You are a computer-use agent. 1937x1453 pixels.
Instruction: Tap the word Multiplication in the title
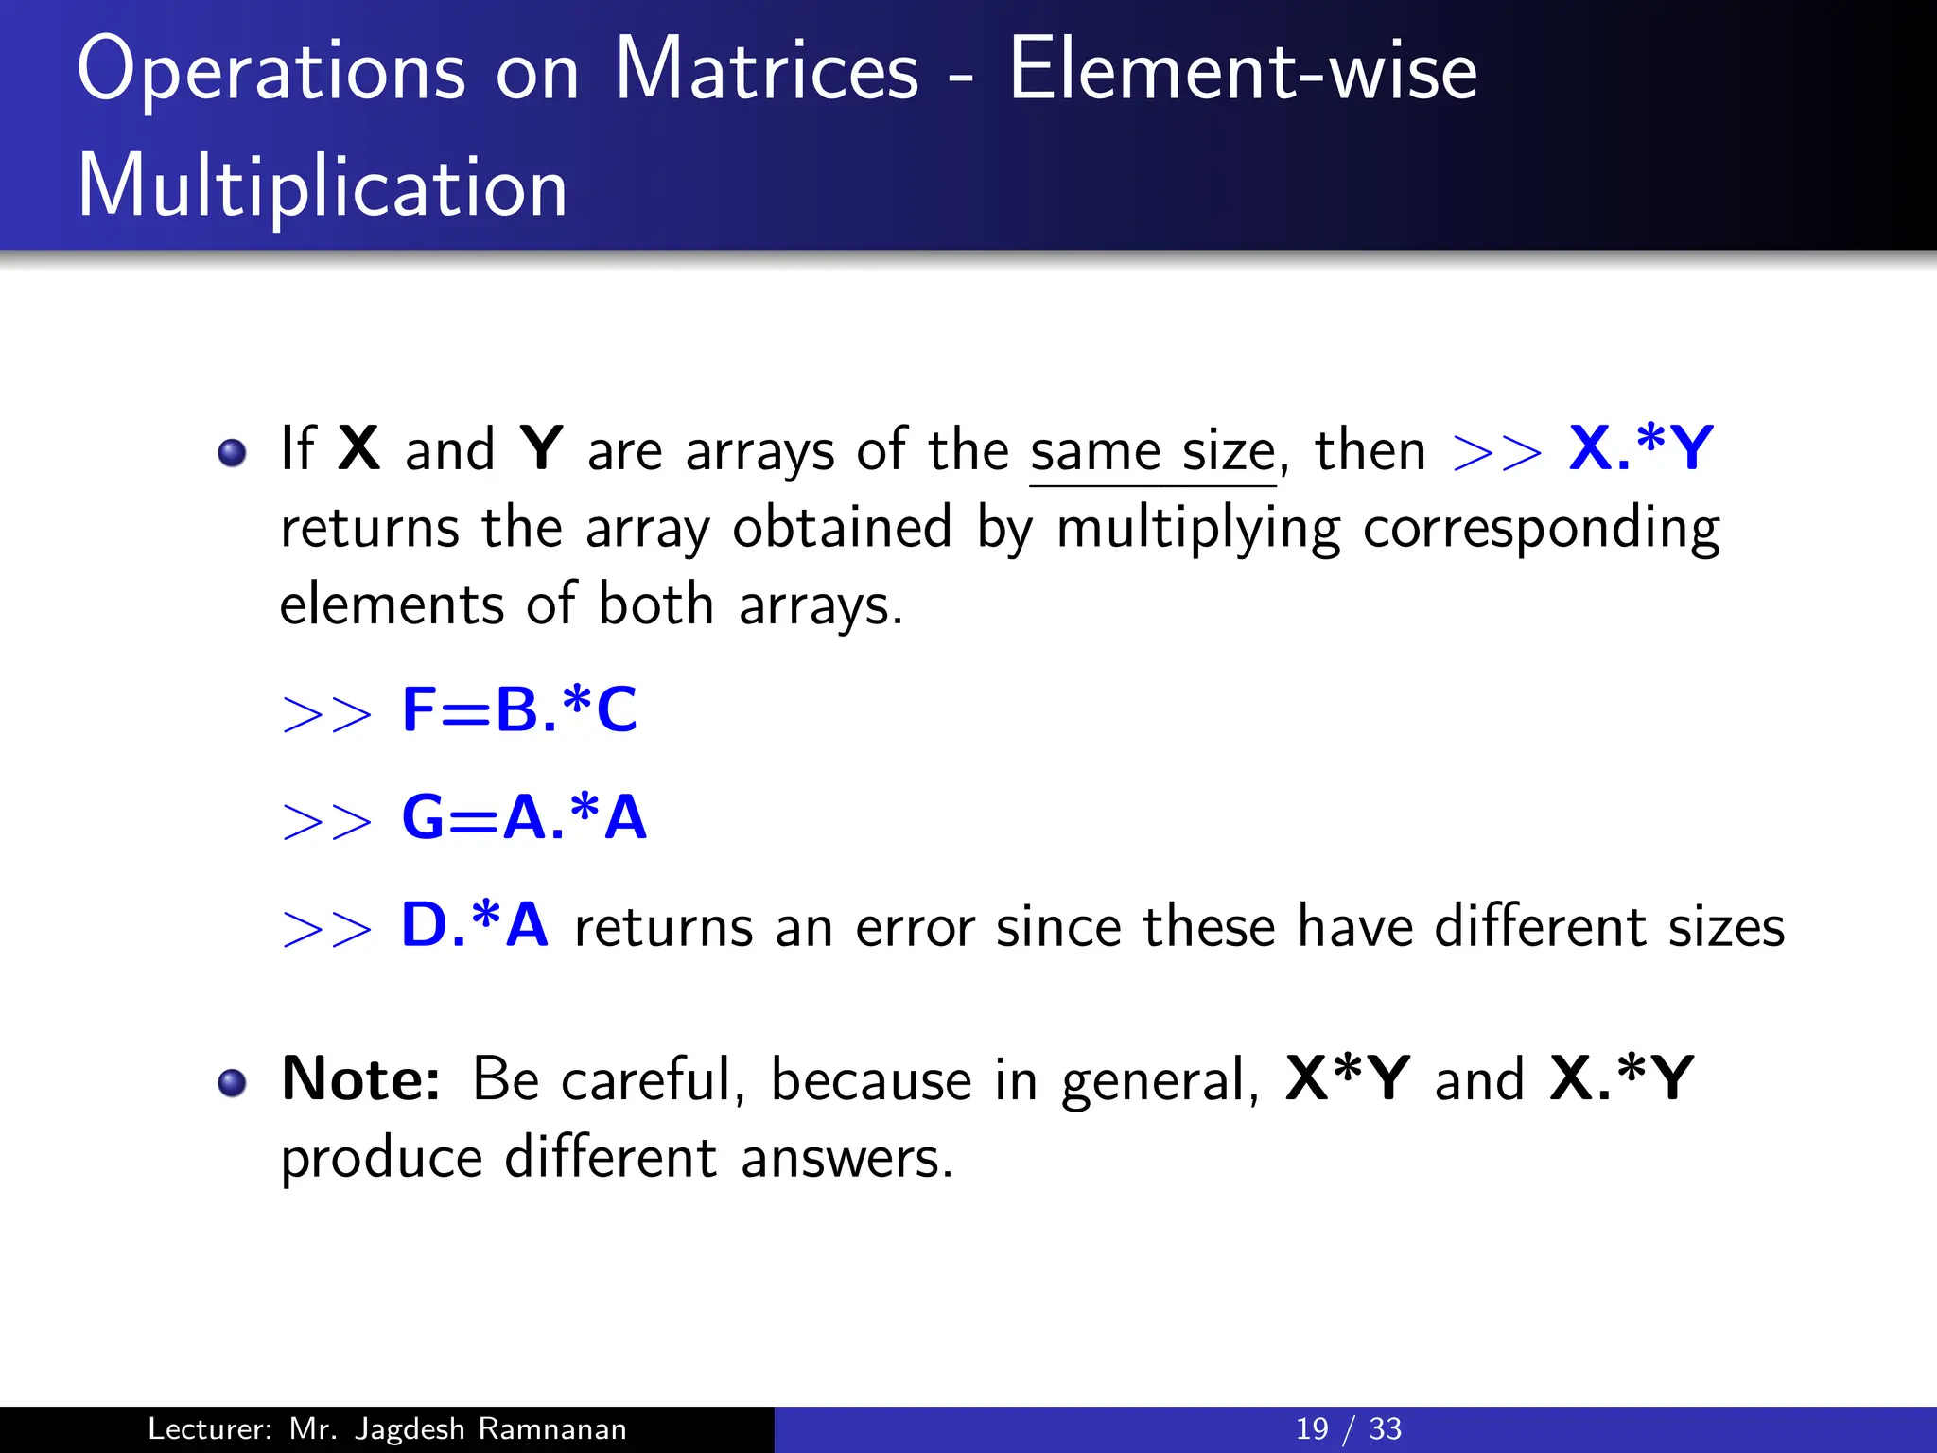point(322,187)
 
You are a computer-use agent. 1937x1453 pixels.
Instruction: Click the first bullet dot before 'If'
point(232,453)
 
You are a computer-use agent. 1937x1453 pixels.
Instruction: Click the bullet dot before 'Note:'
point(232,1082)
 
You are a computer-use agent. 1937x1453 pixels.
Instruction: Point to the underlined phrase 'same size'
point(1152,452)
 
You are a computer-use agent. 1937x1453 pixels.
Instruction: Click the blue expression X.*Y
point(1640,448)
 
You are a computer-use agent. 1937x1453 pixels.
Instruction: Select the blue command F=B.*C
point(519,710)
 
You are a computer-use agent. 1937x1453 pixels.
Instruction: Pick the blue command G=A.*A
point(524,817)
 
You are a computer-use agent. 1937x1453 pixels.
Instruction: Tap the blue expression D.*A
point(474,925)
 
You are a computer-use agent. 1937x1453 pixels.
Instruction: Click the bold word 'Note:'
point(360,1079)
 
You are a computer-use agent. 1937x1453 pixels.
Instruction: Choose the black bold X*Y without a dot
point(1348,1079)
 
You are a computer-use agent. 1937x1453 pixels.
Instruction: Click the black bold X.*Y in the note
point(1621,1079)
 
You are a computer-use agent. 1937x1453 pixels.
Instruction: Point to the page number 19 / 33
point(1348,1429)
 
